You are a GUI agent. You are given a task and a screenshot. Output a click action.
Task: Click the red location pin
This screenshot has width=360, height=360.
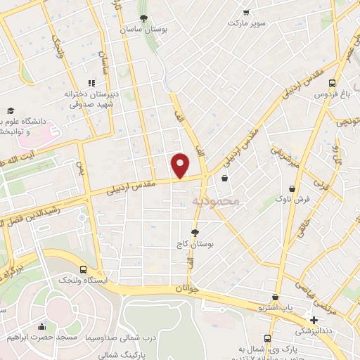(x=181, y=165)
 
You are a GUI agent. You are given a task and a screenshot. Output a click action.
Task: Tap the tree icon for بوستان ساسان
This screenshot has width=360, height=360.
(x=144, y=18)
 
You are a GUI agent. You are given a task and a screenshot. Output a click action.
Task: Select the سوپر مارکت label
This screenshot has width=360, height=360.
(x=246, y=22)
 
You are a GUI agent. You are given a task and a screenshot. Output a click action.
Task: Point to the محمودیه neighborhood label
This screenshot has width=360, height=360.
(x=216, y=201)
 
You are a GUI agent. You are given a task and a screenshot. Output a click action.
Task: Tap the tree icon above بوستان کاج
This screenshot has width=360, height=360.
(x=195, y=233)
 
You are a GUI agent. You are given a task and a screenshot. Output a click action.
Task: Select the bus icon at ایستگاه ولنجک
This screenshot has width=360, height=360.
(x=84, y=269)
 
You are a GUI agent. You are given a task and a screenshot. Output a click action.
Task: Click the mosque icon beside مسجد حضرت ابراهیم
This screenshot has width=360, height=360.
(x=42, y=326)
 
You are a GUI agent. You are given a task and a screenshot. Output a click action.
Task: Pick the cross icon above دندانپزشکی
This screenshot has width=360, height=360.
(x=313, y=320)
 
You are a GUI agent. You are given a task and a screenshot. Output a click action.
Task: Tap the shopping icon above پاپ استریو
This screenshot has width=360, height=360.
(x=276, y=297)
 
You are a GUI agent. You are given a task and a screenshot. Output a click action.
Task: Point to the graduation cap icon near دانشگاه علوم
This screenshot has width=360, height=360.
(x=11, y=111)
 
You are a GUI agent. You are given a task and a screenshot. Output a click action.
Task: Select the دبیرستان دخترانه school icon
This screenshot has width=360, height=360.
(x=91, y=82)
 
